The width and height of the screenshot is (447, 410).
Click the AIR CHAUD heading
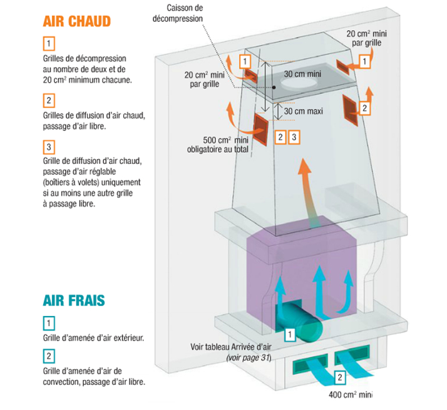pyautogui.click(x=77, y=21)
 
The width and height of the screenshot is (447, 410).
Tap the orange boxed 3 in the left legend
pyautogui.click(x=49, y=148)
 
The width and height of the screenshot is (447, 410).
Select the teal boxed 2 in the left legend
pyautogui.click(x=49, y=356)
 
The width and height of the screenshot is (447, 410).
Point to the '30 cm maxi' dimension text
pyautogui.click(x=303, y=111)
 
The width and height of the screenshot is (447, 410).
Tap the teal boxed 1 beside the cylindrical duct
pyautogui.click(x=290, y=334)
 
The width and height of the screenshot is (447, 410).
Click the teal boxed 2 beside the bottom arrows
pyautogui.click(x=339, y=377)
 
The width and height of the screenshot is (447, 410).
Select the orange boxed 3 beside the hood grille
pyautogui.click(x=294, y=136)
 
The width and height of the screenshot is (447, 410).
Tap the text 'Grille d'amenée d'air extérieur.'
pyautogui.click(x=90, y=337)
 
